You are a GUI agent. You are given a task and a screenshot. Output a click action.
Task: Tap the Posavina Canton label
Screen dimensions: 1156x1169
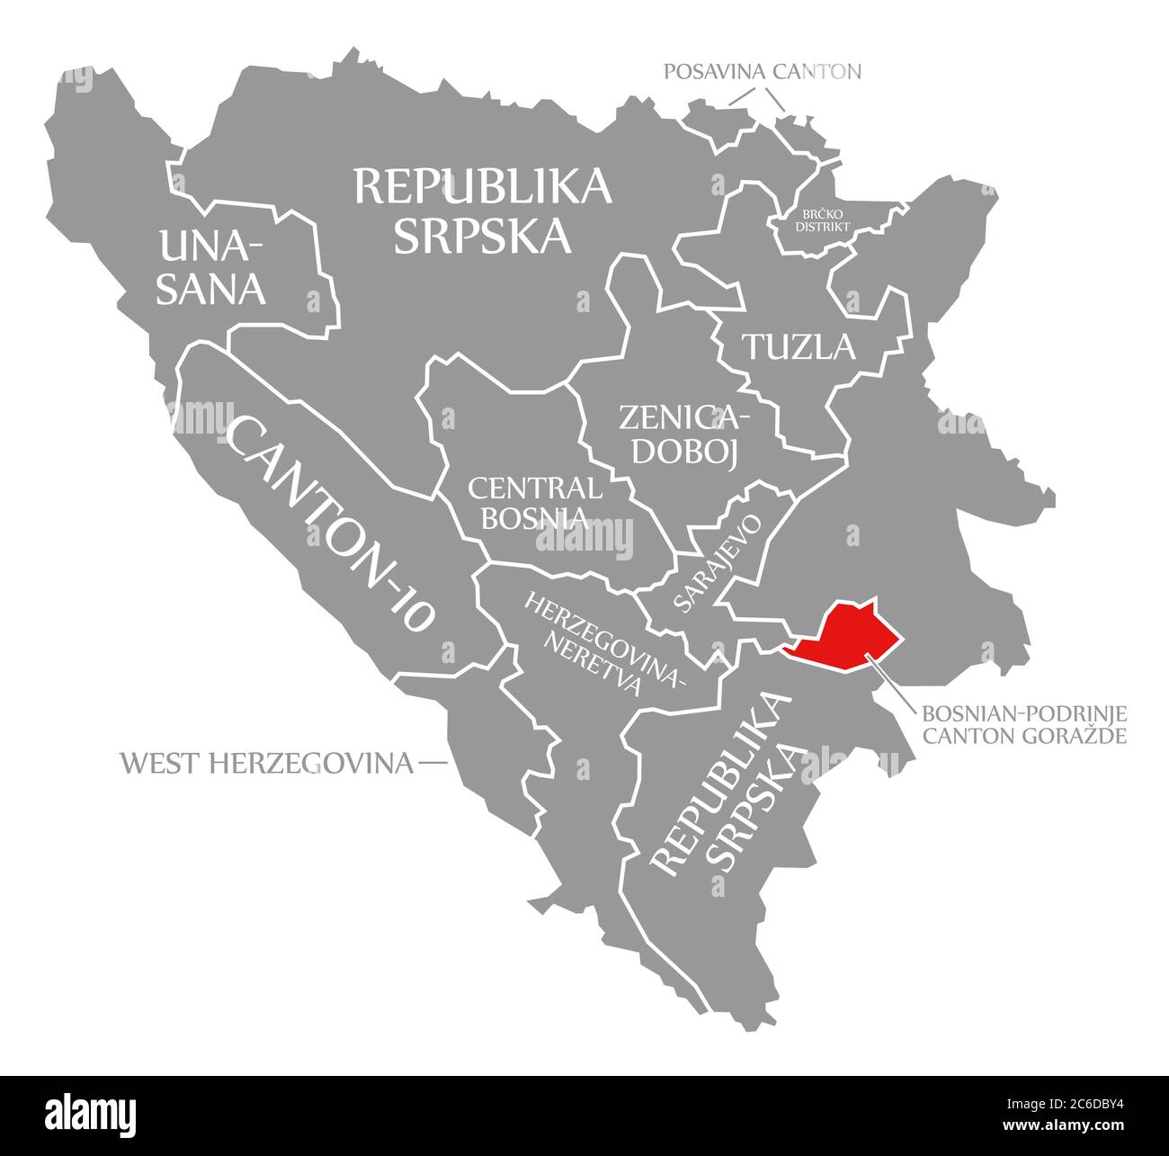click(x=763, y=71)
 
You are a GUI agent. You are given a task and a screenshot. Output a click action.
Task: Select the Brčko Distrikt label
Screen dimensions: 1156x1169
click(x=822, y=220)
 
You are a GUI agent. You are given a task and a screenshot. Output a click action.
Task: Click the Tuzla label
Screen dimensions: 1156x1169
click(x=798, y=346)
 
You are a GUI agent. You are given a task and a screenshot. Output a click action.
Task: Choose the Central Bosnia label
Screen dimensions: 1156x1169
click(x=535, y=503)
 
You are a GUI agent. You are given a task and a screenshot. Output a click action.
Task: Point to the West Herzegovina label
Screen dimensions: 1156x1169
click(x=267, y=764)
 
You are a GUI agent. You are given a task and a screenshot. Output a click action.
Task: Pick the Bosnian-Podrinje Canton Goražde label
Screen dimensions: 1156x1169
click(x=1023, y=725)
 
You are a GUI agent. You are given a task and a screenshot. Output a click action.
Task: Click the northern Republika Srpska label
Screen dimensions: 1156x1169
click(x=483, y=210)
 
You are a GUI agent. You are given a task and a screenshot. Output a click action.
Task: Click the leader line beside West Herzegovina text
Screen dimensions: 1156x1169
click(x=433, y=764)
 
